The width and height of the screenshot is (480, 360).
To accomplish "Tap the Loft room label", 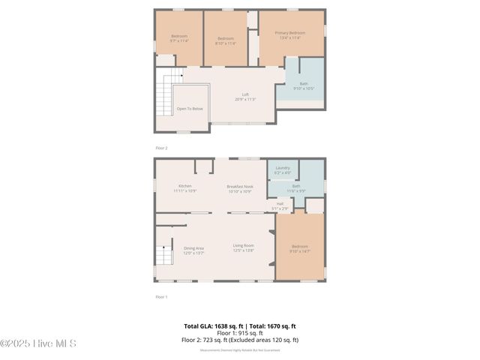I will [x=245, y=94].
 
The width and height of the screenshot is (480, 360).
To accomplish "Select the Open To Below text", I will [x=190, y=109].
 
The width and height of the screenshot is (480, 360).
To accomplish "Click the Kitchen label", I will [x=184, y=186].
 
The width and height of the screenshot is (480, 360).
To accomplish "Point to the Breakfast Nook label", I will [x=240, y=186].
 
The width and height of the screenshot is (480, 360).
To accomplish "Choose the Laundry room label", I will [x=282, y=168].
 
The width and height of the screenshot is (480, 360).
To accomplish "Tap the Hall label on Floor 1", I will [x=280, y=203].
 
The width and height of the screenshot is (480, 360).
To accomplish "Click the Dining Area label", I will [x=194, y=248].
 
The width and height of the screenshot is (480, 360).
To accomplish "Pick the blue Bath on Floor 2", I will [x=304, y=84].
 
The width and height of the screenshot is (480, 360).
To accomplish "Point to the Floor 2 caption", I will [x=161, y=148].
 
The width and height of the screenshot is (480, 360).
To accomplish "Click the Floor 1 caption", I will [x=161, y=297].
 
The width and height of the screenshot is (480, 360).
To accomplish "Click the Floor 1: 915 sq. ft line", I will [x=240, y=333].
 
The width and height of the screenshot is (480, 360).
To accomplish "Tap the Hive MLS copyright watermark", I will [x=38, y=343].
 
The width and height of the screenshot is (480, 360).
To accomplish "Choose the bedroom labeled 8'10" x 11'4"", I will [x=226, y=39].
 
